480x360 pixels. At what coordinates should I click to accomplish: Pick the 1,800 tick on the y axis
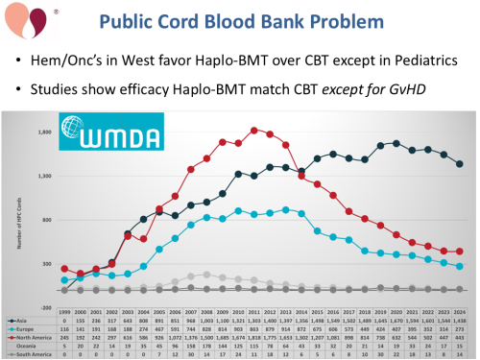point(44,132)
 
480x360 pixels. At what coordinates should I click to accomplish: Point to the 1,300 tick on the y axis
point(44,177)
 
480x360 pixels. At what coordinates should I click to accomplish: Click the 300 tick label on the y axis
point(46,264)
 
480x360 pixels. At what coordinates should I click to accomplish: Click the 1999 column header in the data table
point(65,311)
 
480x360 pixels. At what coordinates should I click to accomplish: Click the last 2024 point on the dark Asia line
point(459,164)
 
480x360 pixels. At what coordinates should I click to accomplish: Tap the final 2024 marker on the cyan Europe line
point(459,266)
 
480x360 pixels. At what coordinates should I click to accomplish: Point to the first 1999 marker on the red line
point(65,269)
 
